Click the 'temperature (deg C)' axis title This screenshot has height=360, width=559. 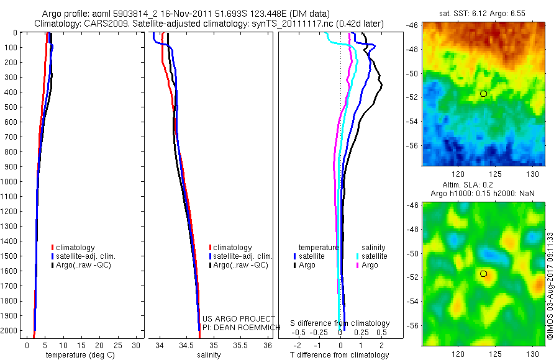click(78, 355)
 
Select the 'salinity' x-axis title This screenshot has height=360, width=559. click(209, 355)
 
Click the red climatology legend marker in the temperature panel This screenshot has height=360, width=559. click(53, 248)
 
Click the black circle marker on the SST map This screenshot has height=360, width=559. click(484, 93)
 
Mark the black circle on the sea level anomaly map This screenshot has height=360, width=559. click(484, 273)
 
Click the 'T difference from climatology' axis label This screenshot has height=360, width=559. click(339, 355)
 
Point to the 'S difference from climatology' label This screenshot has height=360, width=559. click(340, 323)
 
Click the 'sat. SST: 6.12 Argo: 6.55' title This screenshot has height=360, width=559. click(484, 14)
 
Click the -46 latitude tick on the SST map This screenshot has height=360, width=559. click(414, 25)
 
